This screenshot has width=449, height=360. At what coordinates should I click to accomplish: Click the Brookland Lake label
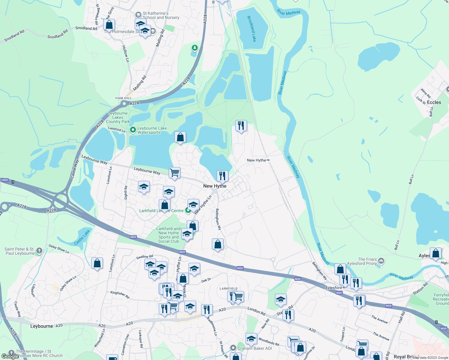[252, 28]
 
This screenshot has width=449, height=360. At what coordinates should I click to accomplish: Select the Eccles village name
[434, 102]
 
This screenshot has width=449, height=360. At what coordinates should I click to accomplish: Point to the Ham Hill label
[123, 98]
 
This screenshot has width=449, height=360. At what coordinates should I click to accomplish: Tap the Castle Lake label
[82, 237]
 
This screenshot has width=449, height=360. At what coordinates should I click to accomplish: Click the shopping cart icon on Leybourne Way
[174, 173]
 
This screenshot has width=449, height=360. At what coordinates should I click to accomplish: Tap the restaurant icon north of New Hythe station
[241, 126]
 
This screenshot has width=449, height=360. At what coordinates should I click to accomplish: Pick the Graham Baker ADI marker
[233, 348]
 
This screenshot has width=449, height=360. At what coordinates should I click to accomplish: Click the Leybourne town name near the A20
[41, 326]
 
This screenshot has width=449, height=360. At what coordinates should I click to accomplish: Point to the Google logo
[10, 356]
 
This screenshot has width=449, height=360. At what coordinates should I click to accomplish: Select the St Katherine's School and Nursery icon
[138, 15]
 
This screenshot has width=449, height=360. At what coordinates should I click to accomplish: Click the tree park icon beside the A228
[195, 48]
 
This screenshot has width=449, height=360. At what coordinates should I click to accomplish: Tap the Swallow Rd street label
[145, 257]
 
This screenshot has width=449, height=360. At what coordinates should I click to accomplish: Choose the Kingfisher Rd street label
[120, 295]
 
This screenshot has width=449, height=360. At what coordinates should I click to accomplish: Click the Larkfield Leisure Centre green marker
[188, 211]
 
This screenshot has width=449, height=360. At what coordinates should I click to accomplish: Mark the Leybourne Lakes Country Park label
[118, 118]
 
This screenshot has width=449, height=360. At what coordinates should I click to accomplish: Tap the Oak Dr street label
[206, 280]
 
